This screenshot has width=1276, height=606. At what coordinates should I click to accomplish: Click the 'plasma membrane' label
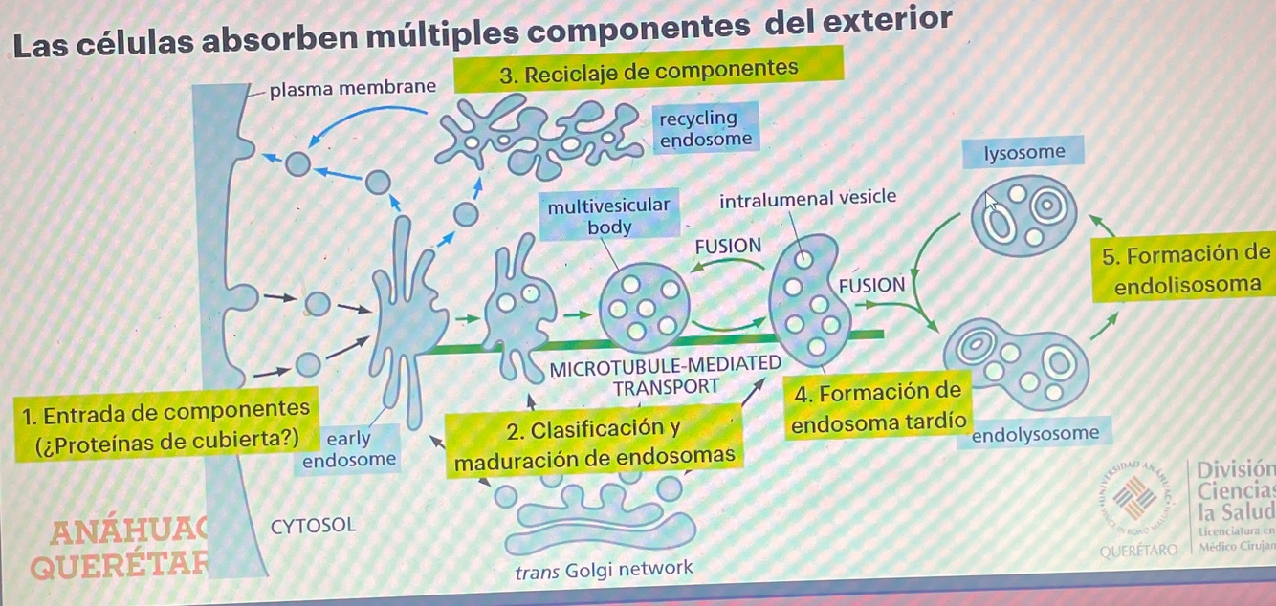click(x=352, y=89)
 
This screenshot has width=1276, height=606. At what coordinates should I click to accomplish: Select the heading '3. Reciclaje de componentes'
click(x=649, y=70)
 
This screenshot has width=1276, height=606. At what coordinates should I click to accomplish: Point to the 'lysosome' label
click(x=1024, y=153)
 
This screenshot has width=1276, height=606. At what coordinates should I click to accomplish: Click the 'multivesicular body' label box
click(x=609, y=216)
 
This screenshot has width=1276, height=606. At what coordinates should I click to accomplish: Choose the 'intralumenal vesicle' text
click(x=807, y=198)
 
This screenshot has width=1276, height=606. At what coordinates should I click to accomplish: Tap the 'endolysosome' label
click(x=1035, y=434)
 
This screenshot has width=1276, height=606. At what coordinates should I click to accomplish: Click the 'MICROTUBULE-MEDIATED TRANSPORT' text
click(x=666, y=376)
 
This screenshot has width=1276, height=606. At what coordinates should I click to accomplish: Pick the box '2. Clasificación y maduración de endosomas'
click(x=597, y=444)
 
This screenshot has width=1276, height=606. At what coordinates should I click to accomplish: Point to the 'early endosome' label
click(x=348, y=449)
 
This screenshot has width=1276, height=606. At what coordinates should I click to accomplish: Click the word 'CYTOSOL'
click(x=313, y=525)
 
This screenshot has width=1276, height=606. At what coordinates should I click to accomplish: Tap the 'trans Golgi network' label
click(x=603, y=570)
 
